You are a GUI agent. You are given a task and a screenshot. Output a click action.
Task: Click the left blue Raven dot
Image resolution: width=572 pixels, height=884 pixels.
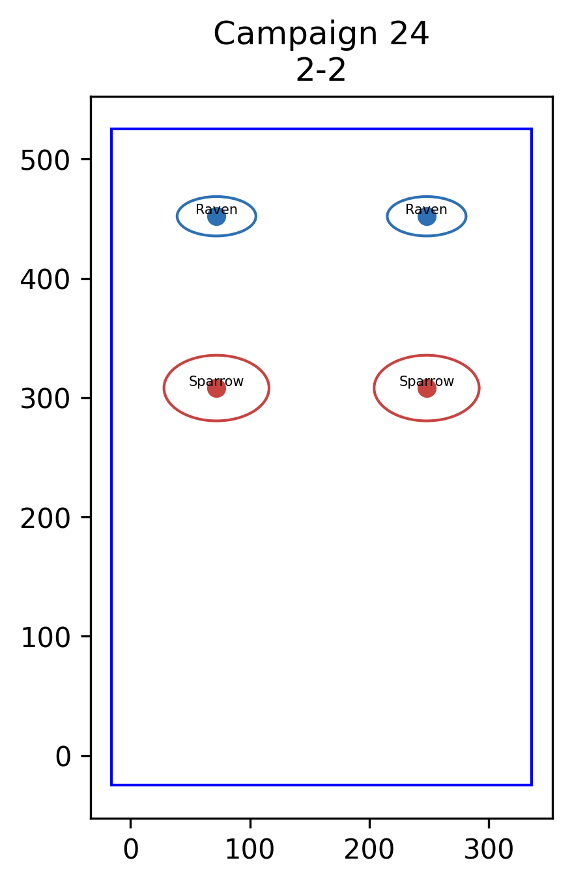[x=216, y=216]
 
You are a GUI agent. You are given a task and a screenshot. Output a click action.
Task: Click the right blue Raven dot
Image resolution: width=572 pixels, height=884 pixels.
[x=427, y=216]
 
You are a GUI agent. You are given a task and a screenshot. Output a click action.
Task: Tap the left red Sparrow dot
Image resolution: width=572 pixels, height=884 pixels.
[x=216, y=389]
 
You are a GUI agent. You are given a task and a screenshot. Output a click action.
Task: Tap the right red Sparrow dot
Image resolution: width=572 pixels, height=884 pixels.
[x=427, y=389]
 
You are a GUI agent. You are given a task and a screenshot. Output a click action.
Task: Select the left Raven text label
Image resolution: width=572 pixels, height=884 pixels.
[x=216, y=210]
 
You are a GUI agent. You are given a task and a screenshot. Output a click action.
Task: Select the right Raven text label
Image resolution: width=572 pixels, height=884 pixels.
[x=427, y=210]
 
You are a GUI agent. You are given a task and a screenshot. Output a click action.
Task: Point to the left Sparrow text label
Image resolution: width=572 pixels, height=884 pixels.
[x=216, y=381]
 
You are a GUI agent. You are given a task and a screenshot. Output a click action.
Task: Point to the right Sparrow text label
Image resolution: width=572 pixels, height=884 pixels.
[x=427, y=381]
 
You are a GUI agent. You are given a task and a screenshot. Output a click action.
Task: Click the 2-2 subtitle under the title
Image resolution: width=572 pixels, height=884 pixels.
[x=321, y=70]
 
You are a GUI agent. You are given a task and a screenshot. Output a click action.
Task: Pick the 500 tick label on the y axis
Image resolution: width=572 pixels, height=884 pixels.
[x=45, y=161]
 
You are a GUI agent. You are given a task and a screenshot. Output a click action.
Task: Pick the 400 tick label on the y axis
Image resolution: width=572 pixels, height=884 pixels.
[x=45, y=280]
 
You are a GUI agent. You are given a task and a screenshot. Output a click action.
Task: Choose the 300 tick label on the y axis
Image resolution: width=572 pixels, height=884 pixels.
[x=45, y=400]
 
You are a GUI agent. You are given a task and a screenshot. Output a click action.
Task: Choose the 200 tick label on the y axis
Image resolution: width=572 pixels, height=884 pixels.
[x=45, y=519]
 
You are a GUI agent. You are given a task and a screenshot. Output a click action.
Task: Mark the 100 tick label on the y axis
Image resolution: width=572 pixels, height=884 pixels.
[x=45, y=638]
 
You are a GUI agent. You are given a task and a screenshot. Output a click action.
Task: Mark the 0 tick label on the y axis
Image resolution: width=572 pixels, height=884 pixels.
[x=63, y=757]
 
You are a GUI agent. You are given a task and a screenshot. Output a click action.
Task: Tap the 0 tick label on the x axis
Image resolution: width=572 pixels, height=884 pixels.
[x=131, y=849]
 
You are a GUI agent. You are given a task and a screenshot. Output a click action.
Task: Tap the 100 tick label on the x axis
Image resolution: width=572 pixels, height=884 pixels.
[x=250, y=849]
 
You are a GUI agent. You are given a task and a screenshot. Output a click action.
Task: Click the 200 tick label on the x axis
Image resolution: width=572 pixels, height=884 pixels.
[x=369, y=849]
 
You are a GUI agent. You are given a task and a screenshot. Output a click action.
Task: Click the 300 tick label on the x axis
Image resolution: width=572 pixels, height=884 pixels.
[x=489, y=849]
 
